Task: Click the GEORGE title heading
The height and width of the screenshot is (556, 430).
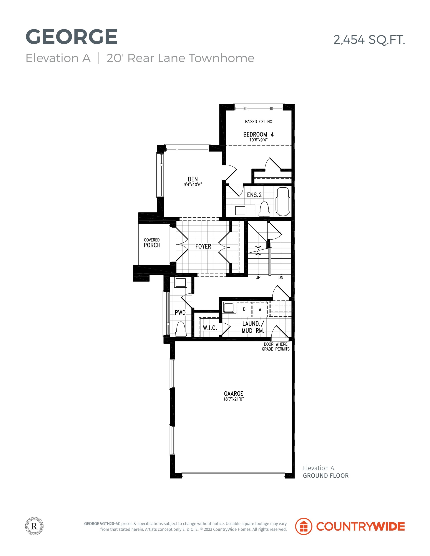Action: point(71,37)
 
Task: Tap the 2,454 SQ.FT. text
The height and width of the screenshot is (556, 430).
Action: point(369,40)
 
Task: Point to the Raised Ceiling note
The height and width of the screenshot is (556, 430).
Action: point(258,122)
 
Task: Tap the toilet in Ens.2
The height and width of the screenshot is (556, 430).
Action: point(264,209)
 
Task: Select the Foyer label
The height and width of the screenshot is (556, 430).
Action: point(203,247)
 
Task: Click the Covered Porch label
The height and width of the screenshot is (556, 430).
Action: point(152,243)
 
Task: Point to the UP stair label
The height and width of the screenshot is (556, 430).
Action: point(258,278)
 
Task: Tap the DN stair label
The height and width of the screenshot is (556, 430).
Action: point(281,278)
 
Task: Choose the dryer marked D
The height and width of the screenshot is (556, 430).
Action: point(244,309)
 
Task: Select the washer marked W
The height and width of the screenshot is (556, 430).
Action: point(260,309)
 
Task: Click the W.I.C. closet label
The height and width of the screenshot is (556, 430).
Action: point(210,328)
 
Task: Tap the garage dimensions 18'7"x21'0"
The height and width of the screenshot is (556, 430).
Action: point(234,399)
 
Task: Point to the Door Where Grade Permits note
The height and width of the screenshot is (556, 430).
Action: point(276,346)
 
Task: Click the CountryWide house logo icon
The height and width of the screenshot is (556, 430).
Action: point(304,526)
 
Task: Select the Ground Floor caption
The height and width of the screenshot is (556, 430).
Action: point(325,476)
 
